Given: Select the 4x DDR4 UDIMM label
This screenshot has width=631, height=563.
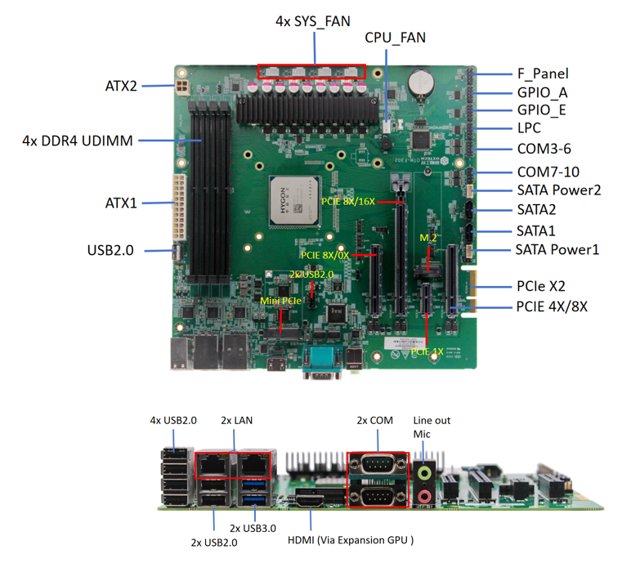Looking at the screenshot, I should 78,141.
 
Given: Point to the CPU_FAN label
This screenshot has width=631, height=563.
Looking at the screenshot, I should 395,38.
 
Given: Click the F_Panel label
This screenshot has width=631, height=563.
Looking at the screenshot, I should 543,74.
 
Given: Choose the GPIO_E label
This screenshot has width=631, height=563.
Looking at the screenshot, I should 542,110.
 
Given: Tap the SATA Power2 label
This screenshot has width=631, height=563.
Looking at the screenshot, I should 559,190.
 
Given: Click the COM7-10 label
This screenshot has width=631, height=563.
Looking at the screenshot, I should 548,172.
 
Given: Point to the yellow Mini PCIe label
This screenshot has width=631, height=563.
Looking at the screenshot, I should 280,301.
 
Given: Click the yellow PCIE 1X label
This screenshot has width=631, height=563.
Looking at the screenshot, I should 427,351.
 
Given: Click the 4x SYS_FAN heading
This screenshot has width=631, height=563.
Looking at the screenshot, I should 312,21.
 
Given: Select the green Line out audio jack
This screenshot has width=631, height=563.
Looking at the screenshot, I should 425,472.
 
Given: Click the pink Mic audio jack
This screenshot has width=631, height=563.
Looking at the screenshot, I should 425,494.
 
